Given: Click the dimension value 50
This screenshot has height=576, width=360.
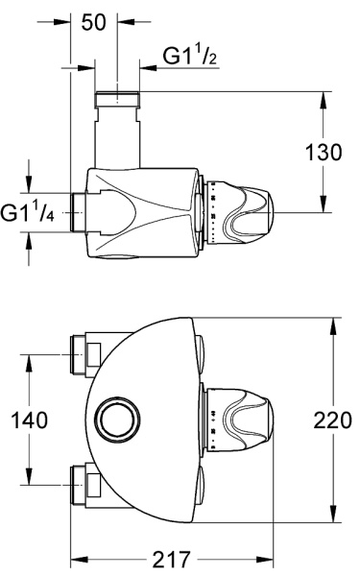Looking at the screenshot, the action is coord(94,22).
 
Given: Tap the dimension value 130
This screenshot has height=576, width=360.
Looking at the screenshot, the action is coord(324,152).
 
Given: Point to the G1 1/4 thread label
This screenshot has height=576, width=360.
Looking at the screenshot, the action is coord(27,213).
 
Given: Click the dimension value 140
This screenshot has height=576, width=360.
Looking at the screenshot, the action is coord(30,420).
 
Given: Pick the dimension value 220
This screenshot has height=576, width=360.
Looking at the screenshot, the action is coord(332,420).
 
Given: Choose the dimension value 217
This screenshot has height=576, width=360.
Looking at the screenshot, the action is coord(171,560).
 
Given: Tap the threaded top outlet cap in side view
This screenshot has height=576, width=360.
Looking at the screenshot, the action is coord(117,100).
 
